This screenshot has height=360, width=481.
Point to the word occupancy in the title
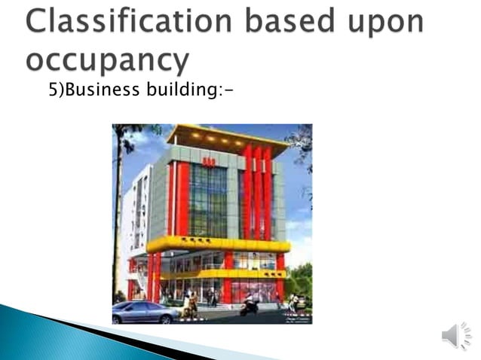coord(106,59)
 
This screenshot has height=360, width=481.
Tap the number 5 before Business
coord(53,91)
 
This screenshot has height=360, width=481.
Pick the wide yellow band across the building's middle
coord(219,244)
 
